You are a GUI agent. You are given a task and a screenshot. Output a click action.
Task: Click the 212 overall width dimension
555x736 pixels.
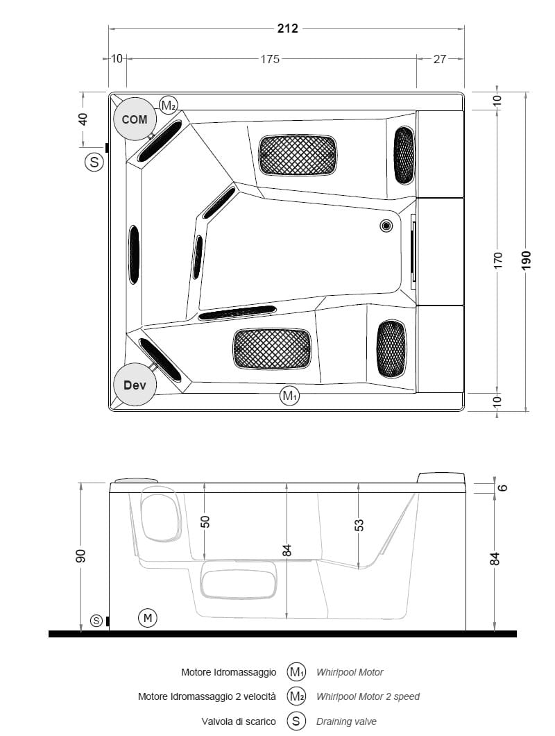coord(287,28)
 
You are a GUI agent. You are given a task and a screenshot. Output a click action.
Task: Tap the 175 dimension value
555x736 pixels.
coord(270,59)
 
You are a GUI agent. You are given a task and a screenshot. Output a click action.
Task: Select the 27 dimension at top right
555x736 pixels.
coord(440,59)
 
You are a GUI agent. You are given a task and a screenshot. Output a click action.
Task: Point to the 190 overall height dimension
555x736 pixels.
coord(526,260)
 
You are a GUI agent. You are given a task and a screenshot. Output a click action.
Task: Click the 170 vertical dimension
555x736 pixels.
coord(497,260)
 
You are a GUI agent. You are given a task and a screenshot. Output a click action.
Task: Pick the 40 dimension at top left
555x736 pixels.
coord(83,119)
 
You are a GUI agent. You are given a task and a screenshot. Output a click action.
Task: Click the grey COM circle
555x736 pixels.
coord(135,119)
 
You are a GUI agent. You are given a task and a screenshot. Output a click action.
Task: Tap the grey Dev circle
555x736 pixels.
coord(135,385)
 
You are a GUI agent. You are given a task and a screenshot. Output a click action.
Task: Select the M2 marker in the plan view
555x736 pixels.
coord(169,105)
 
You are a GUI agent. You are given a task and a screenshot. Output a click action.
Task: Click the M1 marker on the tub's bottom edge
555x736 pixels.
coord(289,396)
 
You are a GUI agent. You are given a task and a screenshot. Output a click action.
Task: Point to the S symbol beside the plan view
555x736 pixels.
coord(94,162)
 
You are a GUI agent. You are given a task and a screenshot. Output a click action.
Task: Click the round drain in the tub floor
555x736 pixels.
coord(386,226)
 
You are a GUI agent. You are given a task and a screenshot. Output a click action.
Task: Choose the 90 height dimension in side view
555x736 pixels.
coord(80,555)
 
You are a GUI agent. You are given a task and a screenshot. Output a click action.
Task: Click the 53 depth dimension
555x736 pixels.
coord(359,524)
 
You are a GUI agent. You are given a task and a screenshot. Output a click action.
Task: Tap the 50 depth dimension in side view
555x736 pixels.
coord(205,521)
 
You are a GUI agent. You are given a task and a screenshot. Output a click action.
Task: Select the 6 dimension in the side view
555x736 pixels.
coord(502,487)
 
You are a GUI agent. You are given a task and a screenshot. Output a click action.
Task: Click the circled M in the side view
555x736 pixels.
coord(147,618)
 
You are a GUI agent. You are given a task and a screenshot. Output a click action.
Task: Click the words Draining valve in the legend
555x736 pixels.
coord(346,721)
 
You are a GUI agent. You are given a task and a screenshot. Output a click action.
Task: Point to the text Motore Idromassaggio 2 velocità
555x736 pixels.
coord(207,696)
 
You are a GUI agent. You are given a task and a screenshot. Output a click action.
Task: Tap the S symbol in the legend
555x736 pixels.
coord(296,721)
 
